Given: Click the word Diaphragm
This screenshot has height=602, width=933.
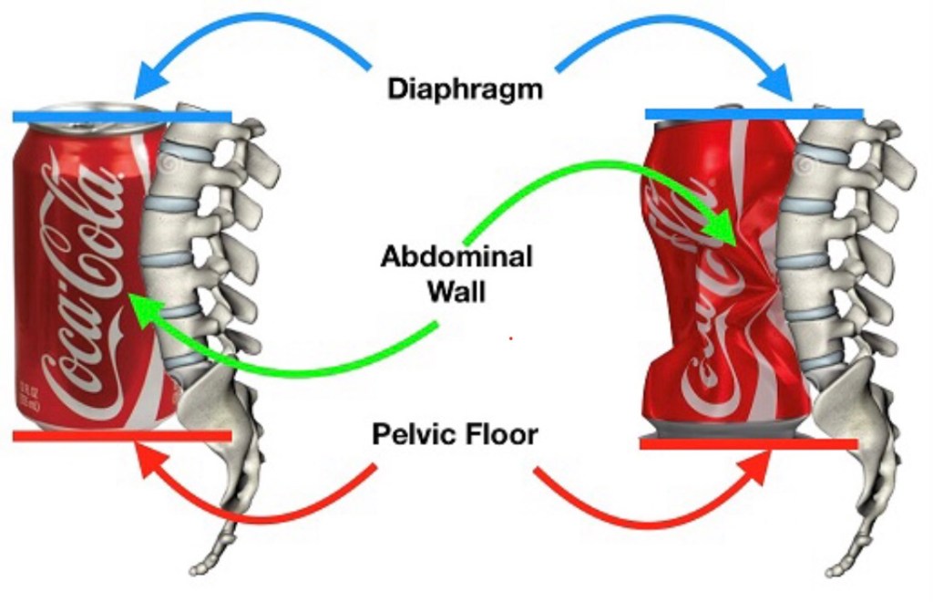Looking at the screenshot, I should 465,89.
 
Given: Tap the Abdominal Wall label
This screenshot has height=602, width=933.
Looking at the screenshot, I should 456,274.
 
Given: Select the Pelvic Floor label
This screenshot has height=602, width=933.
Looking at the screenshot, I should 455,434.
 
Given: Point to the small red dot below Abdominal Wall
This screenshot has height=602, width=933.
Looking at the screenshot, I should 510,338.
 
